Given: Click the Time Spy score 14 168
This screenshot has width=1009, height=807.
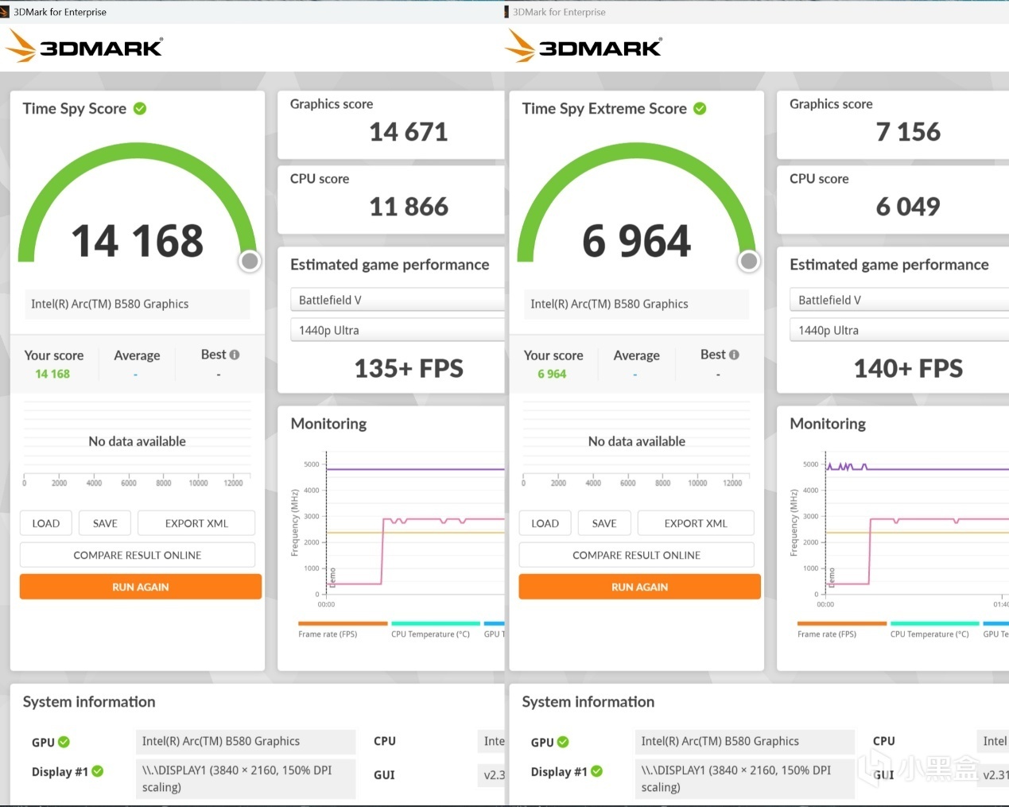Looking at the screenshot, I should coord(138,241).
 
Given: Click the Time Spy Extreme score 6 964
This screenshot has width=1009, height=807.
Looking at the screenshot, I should coord(636,241).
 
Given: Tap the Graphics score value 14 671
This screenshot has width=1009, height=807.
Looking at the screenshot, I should coord(408,132).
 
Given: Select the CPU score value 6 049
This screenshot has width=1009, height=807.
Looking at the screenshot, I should coord(907,207).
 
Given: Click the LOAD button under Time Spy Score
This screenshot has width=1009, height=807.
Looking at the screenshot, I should coord(45,523).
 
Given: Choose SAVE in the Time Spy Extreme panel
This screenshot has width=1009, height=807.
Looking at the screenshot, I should coord(604,523).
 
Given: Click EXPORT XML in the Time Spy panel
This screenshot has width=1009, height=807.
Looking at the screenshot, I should coord(196,523).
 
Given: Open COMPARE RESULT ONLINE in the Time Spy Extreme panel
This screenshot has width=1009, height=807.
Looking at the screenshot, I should coord(636,555).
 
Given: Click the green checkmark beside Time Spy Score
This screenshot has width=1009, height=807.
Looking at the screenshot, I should coord(140,109).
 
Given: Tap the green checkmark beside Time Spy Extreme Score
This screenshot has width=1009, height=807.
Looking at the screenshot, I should coord(700,109).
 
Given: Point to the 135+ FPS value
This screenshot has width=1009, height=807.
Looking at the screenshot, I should coord(408,369).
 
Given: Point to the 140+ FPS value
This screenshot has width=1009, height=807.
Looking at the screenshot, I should coord(907,369).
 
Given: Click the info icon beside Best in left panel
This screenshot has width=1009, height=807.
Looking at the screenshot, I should coord(235,355).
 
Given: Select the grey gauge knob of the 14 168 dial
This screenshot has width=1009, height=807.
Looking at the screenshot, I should coord(250,261).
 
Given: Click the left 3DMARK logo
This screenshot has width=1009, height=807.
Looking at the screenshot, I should coord(84,47).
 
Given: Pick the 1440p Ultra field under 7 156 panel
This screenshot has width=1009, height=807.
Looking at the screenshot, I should coord(898,331).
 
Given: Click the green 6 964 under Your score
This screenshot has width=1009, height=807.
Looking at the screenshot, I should coord(552,374).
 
